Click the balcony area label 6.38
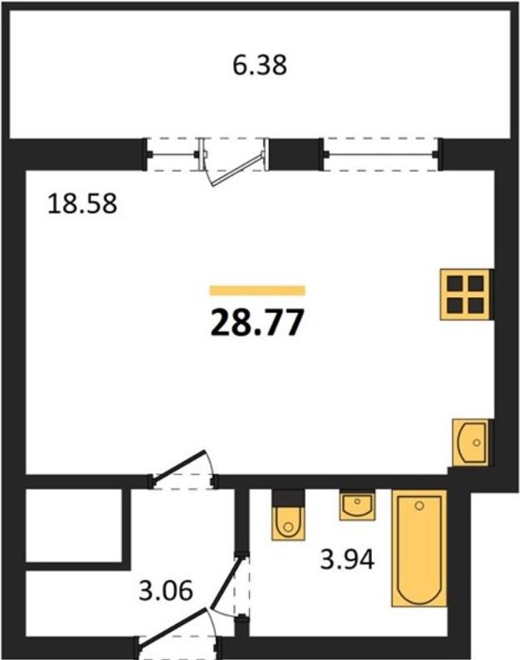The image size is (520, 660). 260,66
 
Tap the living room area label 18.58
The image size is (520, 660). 82,204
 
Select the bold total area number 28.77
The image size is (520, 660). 257,322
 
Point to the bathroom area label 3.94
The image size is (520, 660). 347,560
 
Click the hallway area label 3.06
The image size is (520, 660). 166,590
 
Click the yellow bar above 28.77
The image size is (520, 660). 257,290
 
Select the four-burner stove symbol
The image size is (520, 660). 465,294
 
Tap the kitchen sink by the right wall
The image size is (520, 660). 471,442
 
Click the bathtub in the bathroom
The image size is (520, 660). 419,548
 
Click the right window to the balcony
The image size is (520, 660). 381,155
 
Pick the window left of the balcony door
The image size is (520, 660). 174,155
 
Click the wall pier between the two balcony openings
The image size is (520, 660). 295,155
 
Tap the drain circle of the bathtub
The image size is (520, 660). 419,505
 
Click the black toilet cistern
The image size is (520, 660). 288,499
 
